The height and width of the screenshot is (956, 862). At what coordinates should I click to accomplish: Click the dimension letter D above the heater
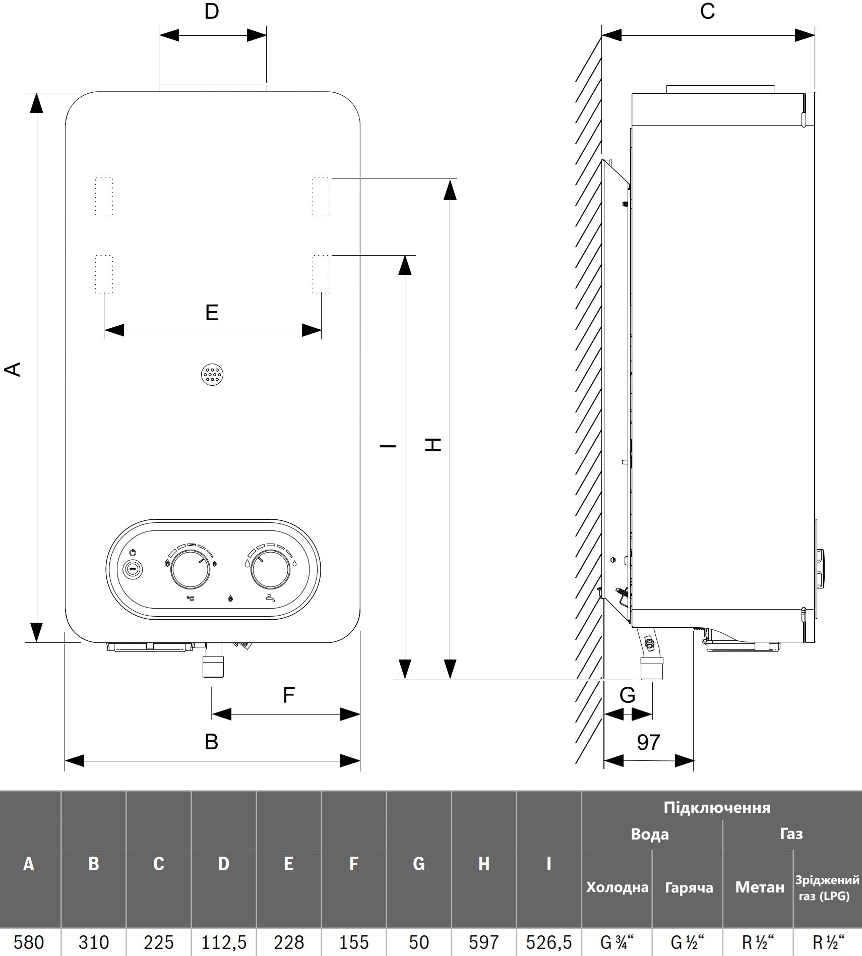click(x=212, y=11)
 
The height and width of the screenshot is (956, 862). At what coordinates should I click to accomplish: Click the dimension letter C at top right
click(x=707, y=11)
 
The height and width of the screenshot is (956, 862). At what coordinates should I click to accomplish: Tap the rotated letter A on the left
click(x=13, y=369)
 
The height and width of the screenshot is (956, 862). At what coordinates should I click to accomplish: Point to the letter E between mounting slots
click(x=212, y=313)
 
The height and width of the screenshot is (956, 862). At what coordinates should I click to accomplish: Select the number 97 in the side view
click(x=648, y=742)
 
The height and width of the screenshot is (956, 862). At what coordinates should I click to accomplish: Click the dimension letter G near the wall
click(x=627, y=695)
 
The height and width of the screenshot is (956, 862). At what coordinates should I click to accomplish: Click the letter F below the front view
click(x=288, y=695)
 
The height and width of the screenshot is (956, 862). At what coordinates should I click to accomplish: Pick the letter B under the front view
click(x=212, y=742)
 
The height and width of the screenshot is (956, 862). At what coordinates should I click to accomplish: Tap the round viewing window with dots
click(x=212, y=375)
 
